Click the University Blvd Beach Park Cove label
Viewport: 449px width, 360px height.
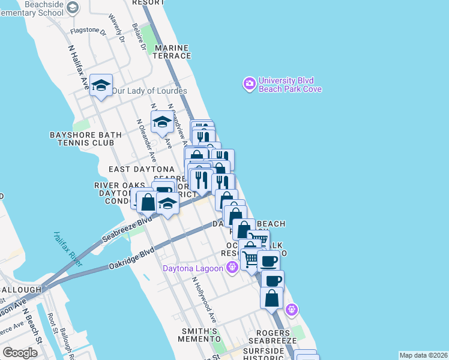[290, 85]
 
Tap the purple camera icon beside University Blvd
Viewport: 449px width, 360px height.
[249, 84]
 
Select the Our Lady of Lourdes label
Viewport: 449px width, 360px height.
[149, 91]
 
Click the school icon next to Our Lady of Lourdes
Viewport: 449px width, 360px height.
[101, 85]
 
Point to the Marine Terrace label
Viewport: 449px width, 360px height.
[172, 51]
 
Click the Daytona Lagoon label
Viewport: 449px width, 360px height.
[192, 268]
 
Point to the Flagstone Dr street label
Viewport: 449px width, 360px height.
[88, 31]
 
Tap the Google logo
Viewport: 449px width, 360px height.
[20, 353]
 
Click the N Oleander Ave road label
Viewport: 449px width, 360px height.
[146, 140]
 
